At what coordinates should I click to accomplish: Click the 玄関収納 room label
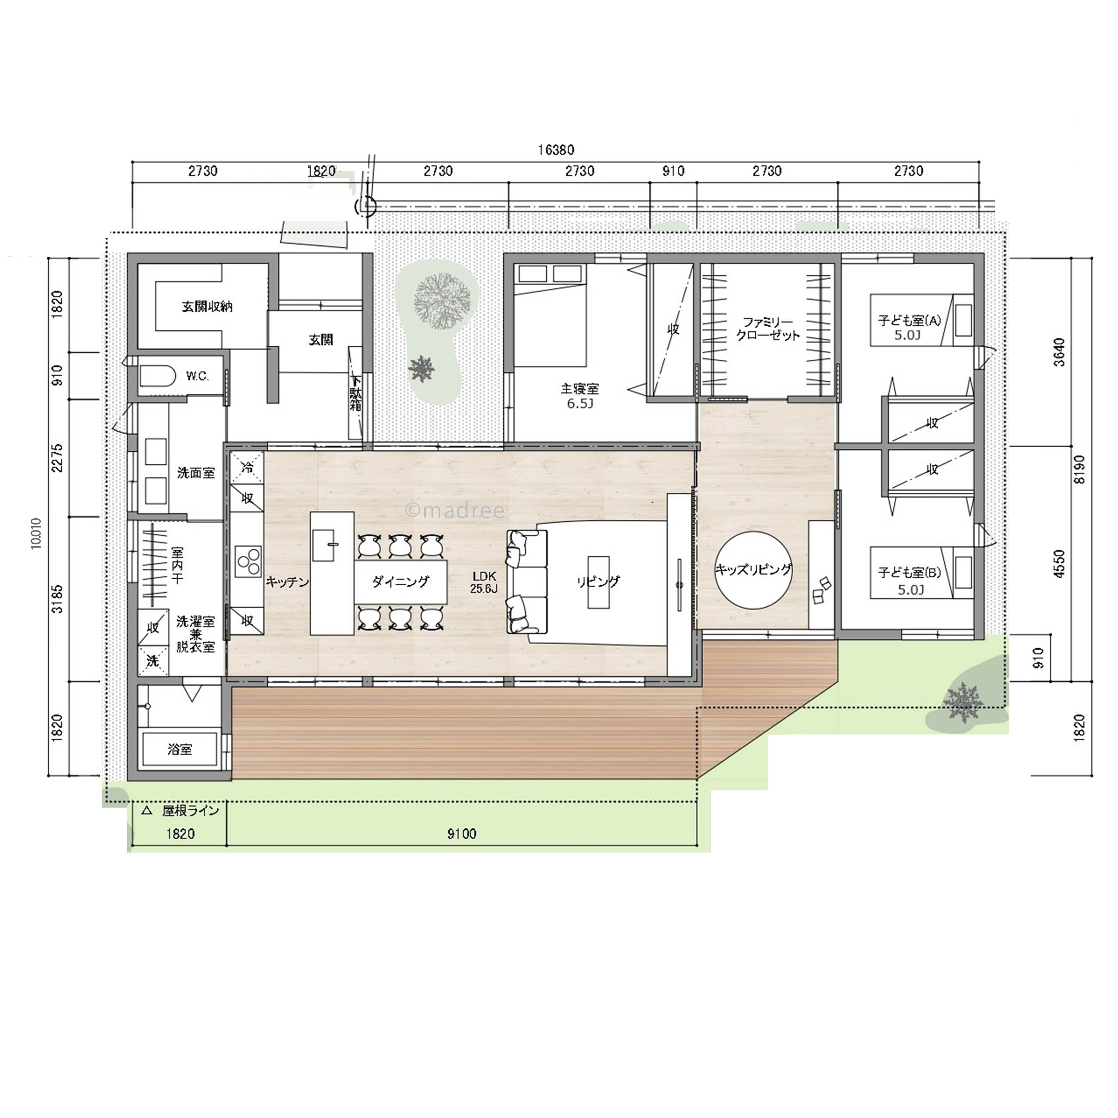tap(207, 306)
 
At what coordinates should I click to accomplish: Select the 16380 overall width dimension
tap(555, 150)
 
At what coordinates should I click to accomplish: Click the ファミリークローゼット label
tap(768, 328)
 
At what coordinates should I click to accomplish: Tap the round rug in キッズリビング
tap(753, 570)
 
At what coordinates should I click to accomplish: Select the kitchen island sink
tap(324, 545)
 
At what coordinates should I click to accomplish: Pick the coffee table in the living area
tap(598, 582)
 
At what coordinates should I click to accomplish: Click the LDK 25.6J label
tap(484, 582)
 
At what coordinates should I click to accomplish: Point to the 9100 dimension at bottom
tap(462, 834)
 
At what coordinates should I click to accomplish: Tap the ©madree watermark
tap(455, 510)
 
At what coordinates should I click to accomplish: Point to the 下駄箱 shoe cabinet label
tap(355, 393)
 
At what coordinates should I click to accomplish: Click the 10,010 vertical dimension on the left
tap(36, 533)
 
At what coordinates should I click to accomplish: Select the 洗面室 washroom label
tap(195, 473)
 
